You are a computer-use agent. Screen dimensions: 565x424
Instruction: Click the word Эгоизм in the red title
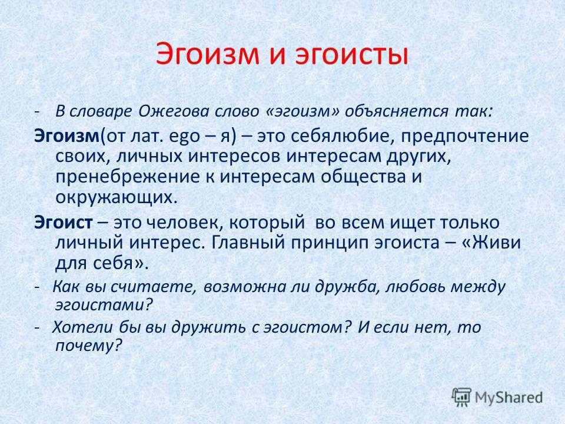click(x=208, y=54)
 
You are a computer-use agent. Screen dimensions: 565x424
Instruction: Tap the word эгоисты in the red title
click(x=352, y=55)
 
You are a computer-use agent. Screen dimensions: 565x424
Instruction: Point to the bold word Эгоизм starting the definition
click(x=67, y=136)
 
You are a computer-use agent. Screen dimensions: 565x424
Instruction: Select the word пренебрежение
click(x=128, y=177)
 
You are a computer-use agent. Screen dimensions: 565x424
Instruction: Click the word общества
click(x=363, y=177)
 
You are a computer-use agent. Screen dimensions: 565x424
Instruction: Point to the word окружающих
click(x=117, y=198)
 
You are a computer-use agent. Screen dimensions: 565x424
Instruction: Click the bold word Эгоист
click(x=64, y=223)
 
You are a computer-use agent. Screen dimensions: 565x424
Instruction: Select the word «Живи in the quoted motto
click(x=491, y=242)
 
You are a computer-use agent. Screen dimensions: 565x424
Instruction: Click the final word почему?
click(x=88, y=346)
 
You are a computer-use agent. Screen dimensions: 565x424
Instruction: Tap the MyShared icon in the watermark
click(x=461, y=397)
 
